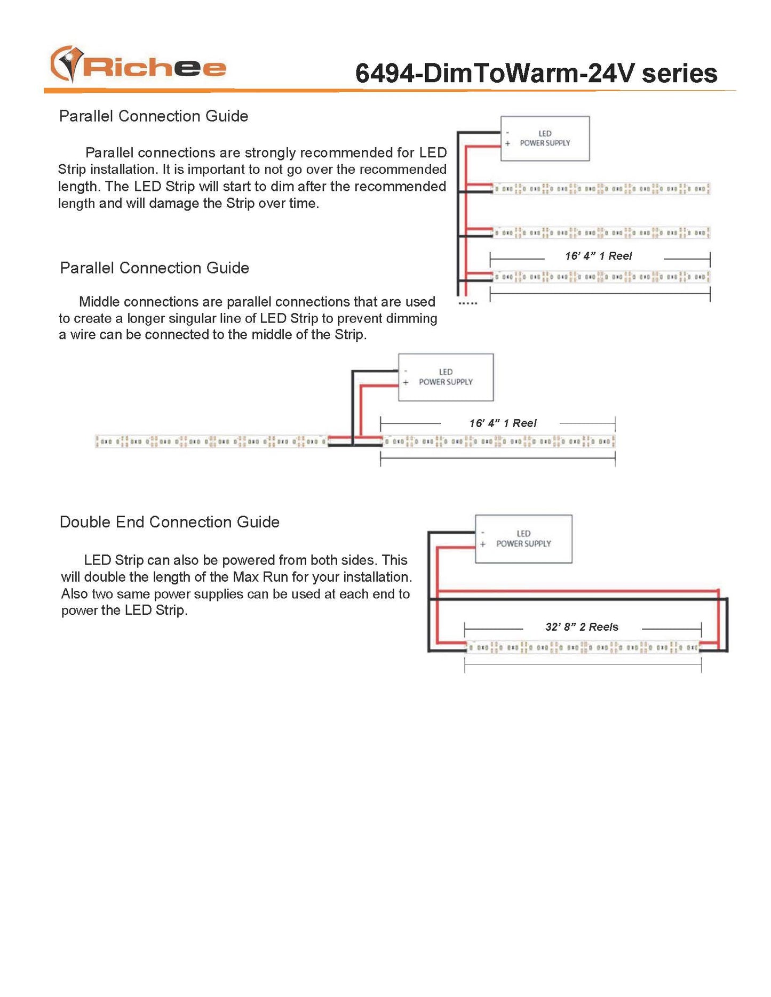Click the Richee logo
pyautogui.click(x=138, y=66)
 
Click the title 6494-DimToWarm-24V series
pyautogui.click(x=536, y=74)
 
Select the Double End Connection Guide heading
pyautogui.click(x=169, y=522)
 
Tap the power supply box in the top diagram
pyautogui.click(x=545, y=139)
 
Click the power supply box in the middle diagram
pyautogui.click(x=446, y=377)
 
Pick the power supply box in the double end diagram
pyautogui.click(x=523, y=538)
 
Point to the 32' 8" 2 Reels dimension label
pyautogui.click(x=582, y=627)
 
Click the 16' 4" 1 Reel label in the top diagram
pyautogui.click(x=598, y=256)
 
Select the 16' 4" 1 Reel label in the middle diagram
pyautogui.click(x=503, y=423)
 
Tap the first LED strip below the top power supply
pyautogui.click(x=601, y=189)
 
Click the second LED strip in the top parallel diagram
pyautogui.click(x=601, y=233)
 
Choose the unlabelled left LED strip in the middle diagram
pyautogui.click(x=211, y=441)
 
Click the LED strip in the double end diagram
pyautogui.click(x=583, y=648)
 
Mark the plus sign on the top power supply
pyautogui.click(x=507, y=143)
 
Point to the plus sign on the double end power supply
pyautogui.click(x=482, y=544)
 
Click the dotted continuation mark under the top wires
pyautogui.click(x=468, y=303)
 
